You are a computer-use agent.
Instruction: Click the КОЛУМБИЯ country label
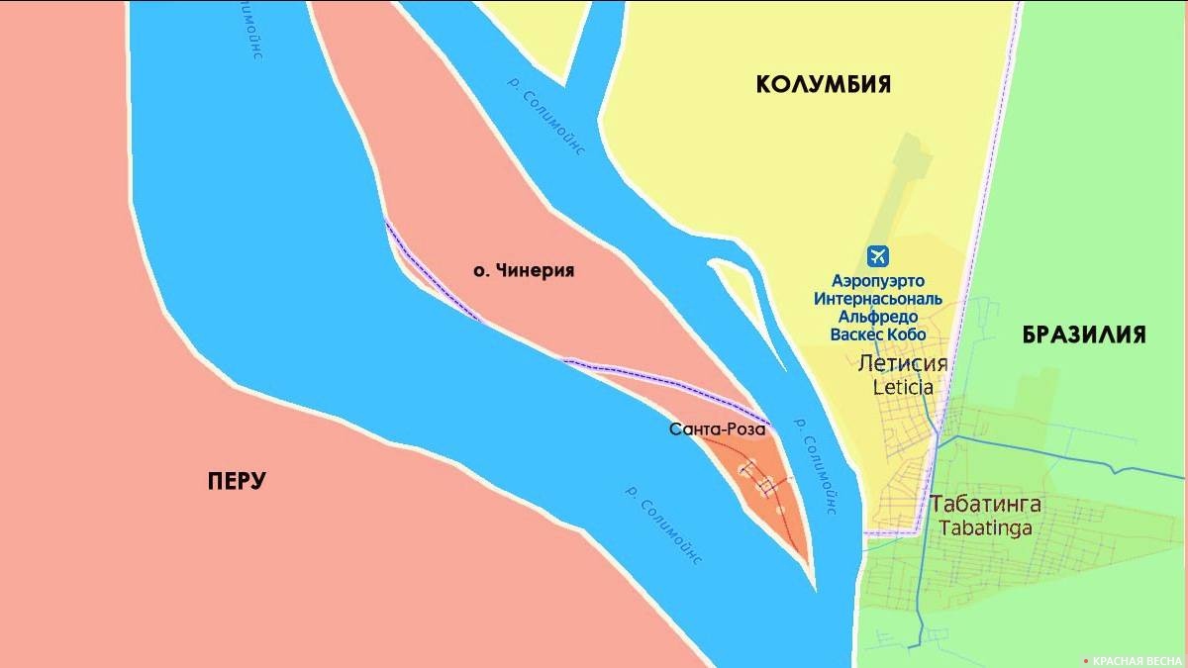(x=823, y=84)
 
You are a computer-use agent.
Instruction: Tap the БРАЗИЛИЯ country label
(x=1084, y=334)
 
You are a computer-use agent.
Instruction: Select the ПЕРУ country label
(x=238, y=481)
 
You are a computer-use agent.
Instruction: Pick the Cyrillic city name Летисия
(x=903, y=363)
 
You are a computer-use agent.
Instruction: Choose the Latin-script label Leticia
(x=903, y=387)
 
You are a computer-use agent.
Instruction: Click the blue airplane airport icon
(x=877, y=256)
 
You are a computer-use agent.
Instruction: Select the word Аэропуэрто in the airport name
(x=877, y=281)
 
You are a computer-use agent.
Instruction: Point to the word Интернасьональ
(x=877, y=299)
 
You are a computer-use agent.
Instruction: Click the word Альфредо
(x=877, y=317)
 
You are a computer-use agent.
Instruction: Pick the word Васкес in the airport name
(x=857, y=334)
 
